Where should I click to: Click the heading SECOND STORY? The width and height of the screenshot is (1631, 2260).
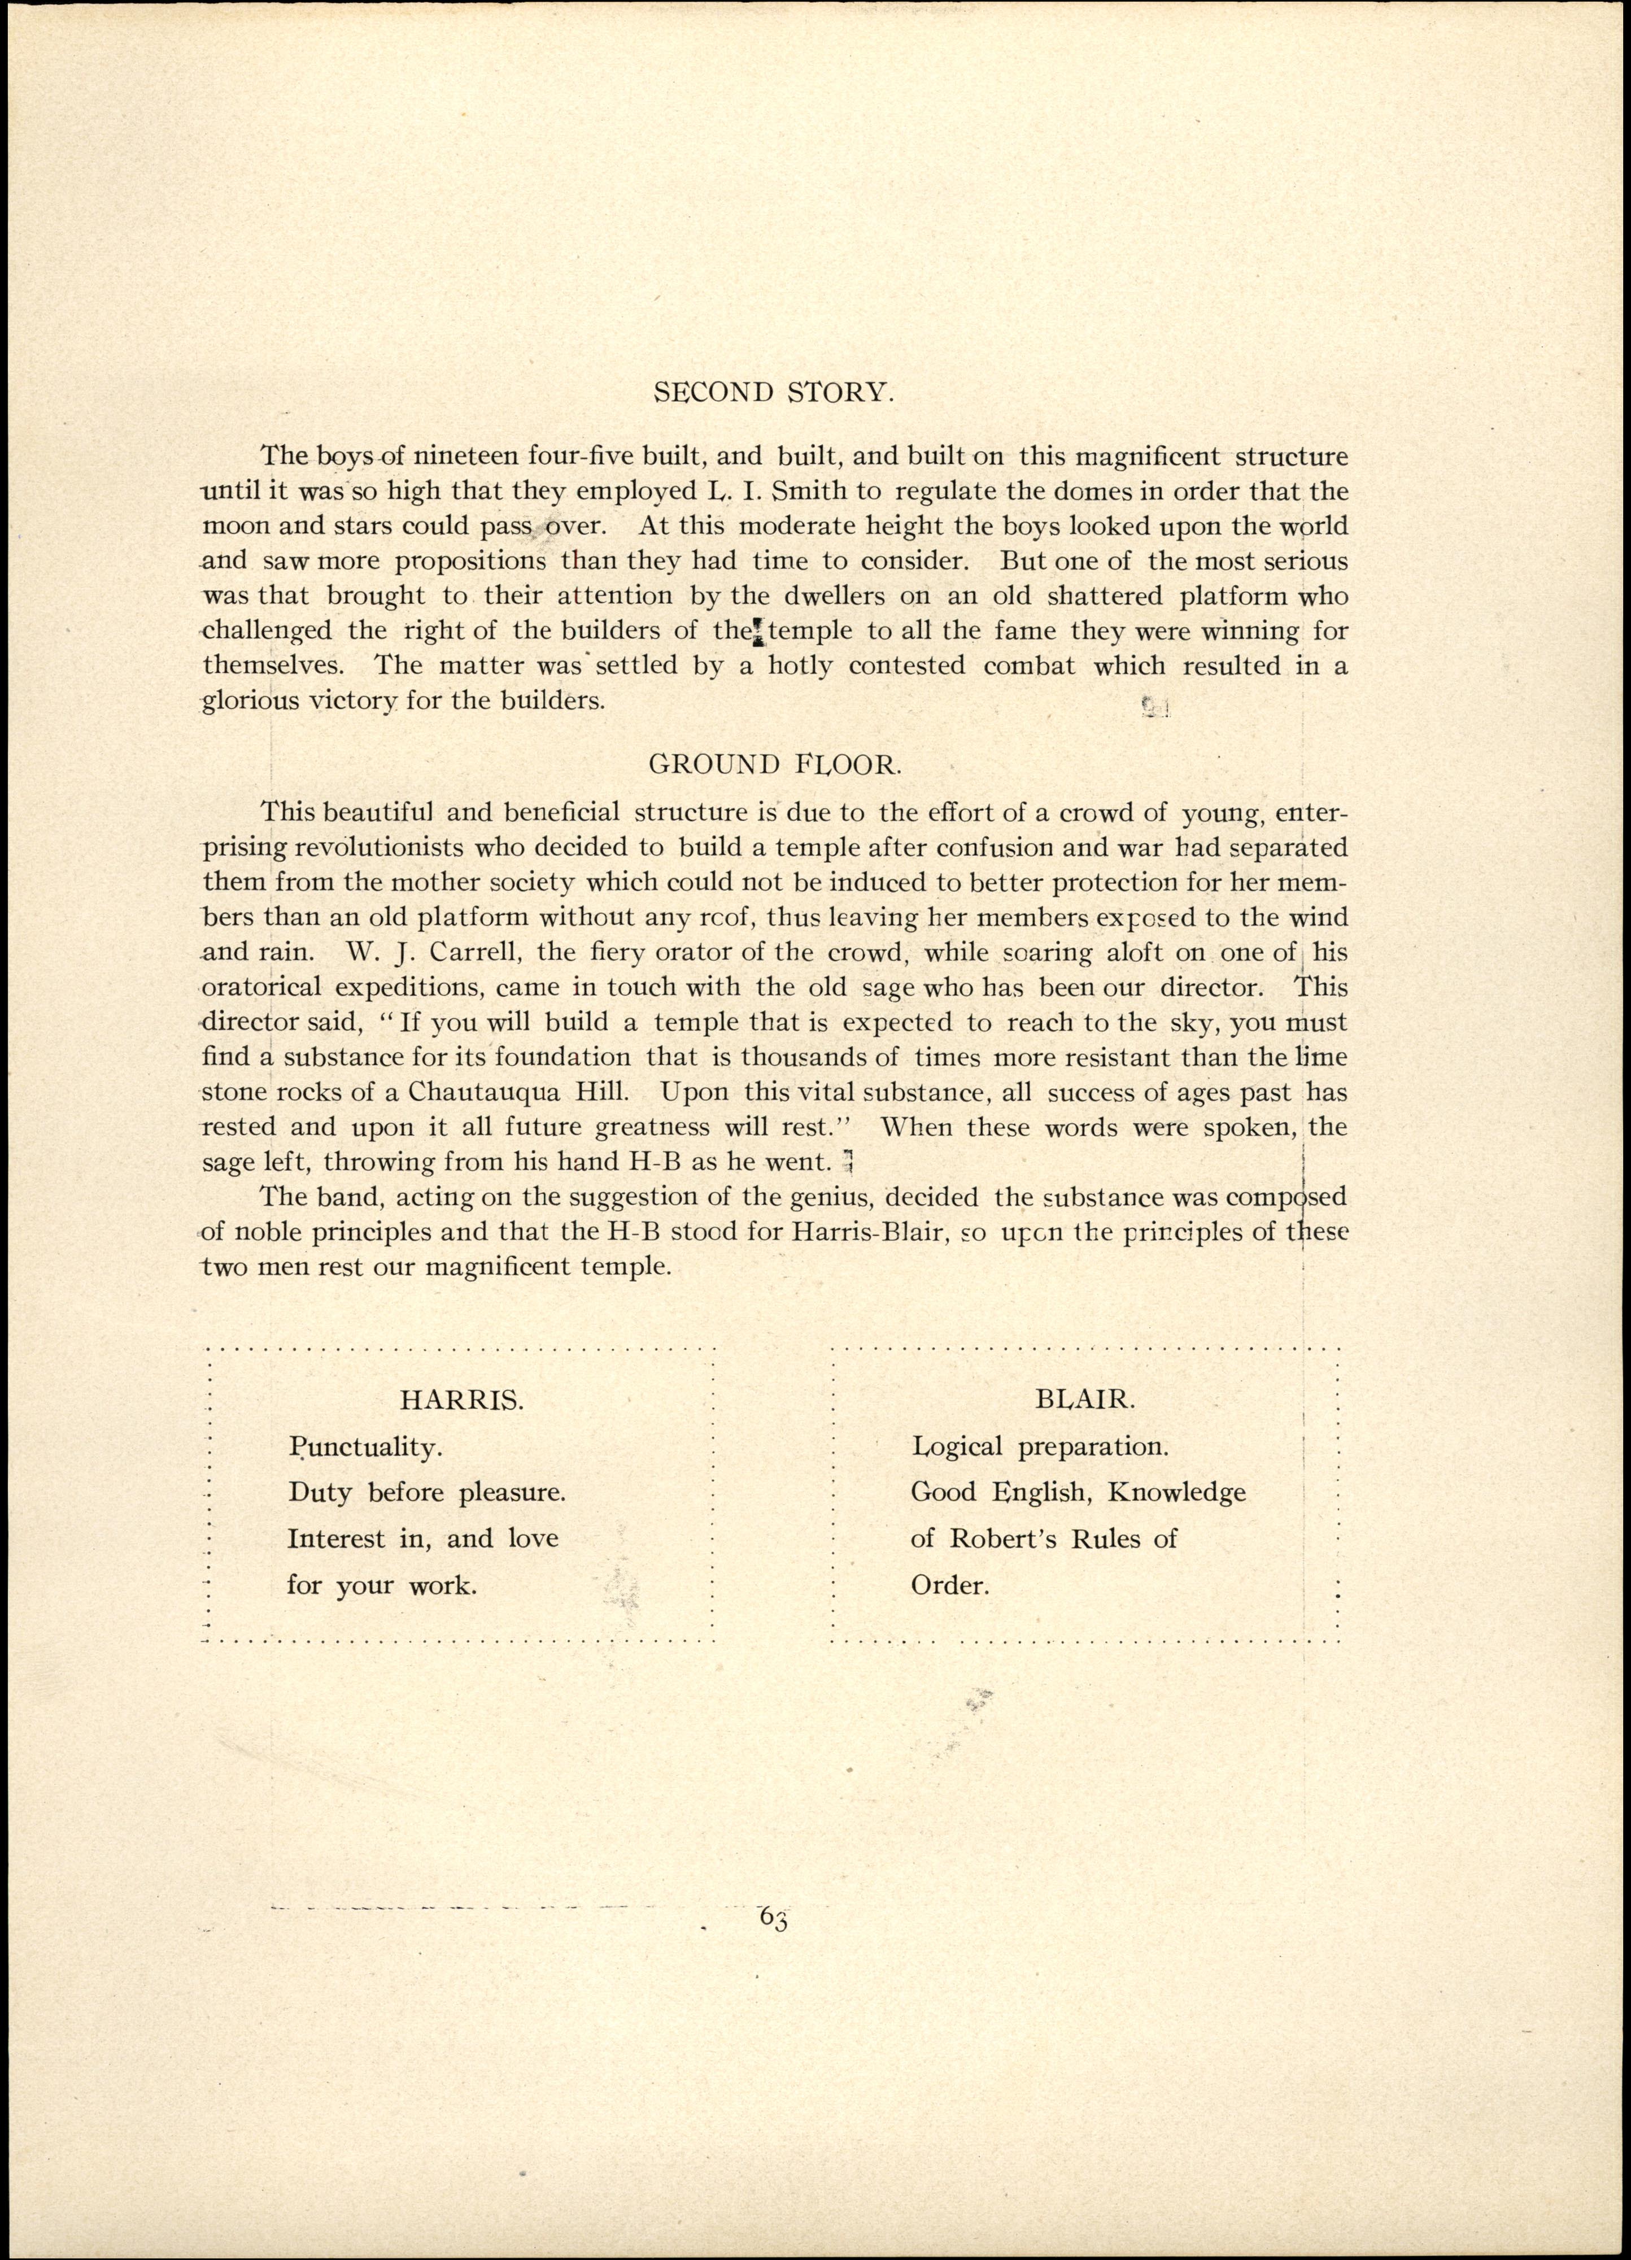[774, 393]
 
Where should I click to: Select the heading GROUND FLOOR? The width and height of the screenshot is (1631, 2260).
[774, 764]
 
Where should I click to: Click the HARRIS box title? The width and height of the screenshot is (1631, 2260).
[461, 1399]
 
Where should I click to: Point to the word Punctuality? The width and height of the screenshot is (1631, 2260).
[365, 1447]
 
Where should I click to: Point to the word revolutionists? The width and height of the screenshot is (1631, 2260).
[380, 848]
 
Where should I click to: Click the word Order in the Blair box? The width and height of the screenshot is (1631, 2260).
[949, 1585]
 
